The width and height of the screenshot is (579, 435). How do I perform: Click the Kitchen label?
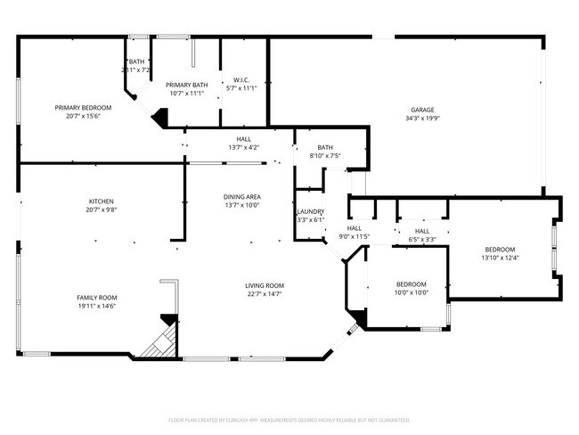101,201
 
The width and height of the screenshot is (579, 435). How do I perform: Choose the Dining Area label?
241,196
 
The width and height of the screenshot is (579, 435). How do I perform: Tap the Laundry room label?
310,211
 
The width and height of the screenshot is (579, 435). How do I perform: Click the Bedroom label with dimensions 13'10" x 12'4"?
500,250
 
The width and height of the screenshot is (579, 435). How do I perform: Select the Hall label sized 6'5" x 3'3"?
421,231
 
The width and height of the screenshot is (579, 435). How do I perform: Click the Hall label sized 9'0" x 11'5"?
354,228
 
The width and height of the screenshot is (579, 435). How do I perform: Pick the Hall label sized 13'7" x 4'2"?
243,139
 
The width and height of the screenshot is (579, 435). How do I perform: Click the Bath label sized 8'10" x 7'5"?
325,148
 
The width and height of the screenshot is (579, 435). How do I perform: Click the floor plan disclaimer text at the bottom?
289,419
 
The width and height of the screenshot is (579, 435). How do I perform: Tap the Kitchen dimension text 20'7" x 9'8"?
101,209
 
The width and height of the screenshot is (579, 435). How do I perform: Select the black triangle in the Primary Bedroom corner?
159,116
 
